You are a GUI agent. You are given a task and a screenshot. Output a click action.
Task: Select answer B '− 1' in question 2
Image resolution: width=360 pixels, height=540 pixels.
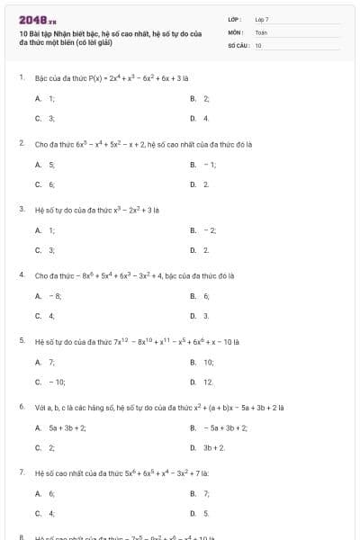[203, 165]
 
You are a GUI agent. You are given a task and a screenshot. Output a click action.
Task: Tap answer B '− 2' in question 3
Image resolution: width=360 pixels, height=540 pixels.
[203, 230]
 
